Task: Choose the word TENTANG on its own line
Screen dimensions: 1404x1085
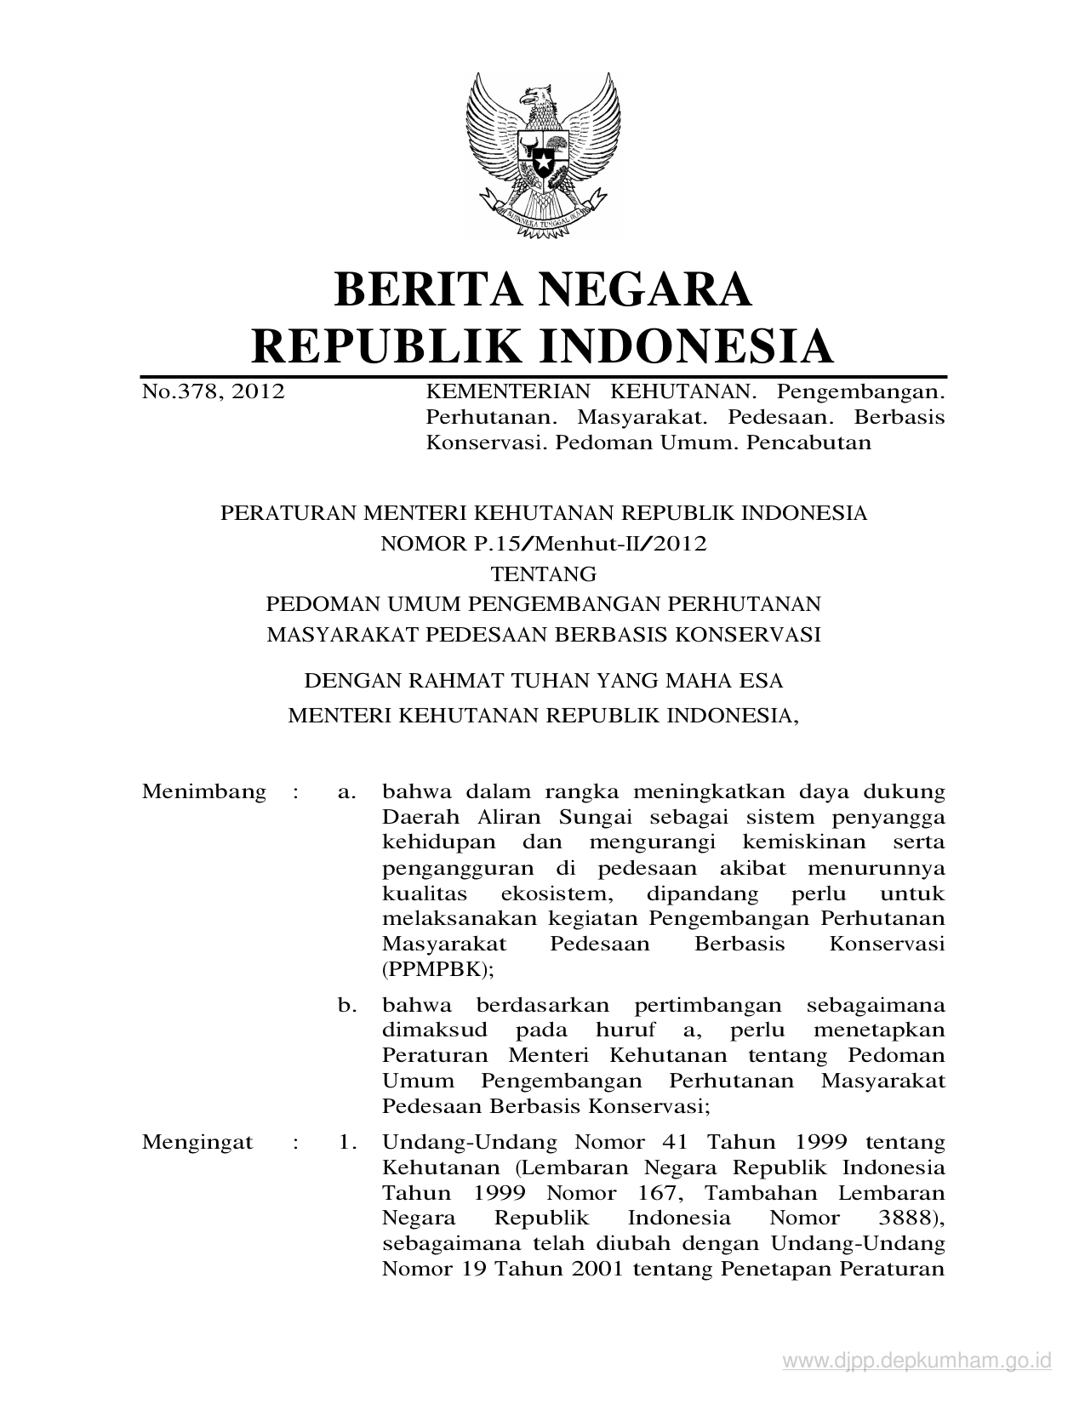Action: pos(543,574)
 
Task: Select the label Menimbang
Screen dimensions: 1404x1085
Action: pos(204,792)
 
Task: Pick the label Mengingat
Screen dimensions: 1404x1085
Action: pos(197,1142)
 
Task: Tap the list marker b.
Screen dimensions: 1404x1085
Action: pos(346,1005)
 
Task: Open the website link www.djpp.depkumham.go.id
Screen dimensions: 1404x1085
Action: pos(917,1362)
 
